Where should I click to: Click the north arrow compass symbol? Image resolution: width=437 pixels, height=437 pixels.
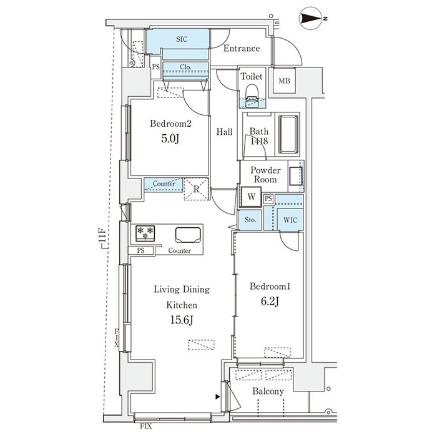click(312, 18)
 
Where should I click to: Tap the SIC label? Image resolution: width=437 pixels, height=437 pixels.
click(182, 39)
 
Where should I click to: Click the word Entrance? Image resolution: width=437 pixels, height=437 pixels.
click(242, 49)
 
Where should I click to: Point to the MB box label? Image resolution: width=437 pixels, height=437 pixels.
click(284, 81)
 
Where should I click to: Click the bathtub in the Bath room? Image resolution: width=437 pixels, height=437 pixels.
click(288, 134)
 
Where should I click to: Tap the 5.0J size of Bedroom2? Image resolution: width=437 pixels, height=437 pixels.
click(170, 139)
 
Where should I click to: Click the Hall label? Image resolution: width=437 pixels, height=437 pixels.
click(224, 132)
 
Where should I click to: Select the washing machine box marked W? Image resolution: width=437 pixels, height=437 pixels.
click(251, 197)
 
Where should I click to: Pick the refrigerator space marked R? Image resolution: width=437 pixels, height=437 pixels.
click(197, 189)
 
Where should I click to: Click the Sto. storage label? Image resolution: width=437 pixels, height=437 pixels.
click(250, 220)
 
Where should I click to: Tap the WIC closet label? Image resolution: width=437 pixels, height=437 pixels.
click(290, 220)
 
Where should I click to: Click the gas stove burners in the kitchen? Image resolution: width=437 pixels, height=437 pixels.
click(145, 233)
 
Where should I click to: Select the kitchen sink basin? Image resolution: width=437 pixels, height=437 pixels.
click(188, 235)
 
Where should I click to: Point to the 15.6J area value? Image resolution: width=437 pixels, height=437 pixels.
click(182, 320)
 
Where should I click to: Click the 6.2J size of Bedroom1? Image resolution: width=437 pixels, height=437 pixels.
click(270, 302)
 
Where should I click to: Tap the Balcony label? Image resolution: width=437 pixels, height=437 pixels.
click(268, 391)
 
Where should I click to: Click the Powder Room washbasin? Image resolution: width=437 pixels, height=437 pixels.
click(295, 176)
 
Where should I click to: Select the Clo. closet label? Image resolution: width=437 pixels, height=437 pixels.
click(185, 67)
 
